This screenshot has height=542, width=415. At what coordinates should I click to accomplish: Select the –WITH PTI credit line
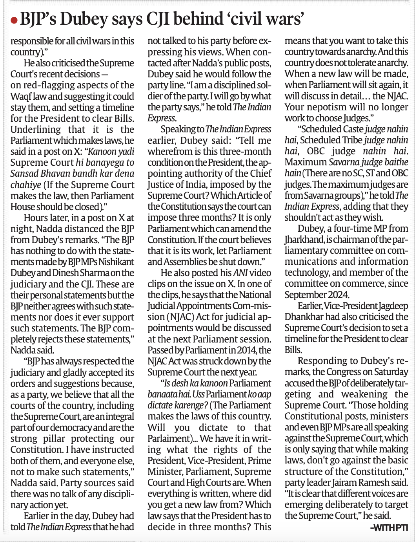point(389,528)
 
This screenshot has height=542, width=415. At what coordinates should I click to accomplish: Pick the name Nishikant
point(116,262)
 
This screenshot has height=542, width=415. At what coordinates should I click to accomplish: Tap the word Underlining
point(36,130)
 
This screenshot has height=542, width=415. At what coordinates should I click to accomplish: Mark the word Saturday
point(390,372)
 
